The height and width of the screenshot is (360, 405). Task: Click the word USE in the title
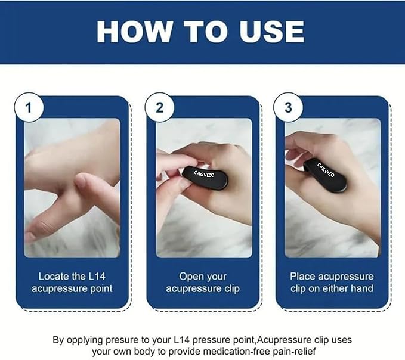[270, 31]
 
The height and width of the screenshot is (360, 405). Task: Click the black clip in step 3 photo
[325, 173]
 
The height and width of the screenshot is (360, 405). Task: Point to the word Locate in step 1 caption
[54, 277]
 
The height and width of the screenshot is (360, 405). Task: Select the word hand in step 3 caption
[361, 289]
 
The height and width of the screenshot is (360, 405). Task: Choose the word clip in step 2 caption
[228, 289]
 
